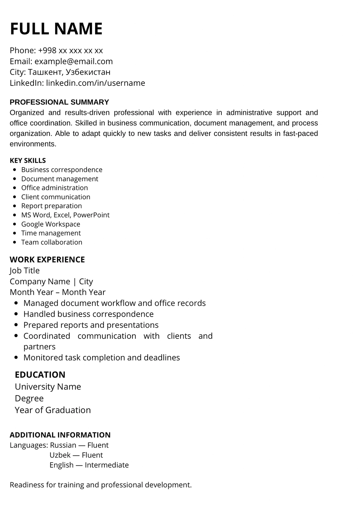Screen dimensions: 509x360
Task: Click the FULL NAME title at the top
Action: pos(56,29)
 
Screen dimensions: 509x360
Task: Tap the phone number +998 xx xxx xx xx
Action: pos(70,50)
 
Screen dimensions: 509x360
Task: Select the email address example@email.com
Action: pos(73,61)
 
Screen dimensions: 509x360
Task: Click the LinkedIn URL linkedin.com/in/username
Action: pos(95,83)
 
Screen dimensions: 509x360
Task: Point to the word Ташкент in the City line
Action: pos(45,72)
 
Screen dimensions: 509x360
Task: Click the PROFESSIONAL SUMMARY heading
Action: pos(59,102)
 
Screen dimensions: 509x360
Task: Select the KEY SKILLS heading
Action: pos(28,160)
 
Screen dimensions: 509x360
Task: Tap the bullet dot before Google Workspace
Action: pos(15,224)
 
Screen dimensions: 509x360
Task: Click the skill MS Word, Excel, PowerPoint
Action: pos(65,215)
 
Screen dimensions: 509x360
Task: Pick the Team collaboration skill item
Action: pos(52,242)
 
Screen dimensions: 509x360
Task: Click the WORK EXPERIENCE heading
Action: pos(47,259)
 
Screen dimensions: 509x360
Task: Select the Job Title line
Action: pos(25,270)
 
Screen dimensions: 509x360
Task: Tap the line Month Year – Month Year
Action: pos(58,292)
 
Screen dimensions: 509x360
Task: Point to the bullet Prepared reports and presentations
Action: pos(91,325)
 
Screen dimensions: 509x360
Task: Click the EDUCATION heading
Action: pos(40,375)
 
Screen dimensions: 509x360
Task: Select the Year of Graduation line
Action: pos(53,410)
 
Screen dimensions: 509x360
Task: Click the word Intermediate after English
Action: pos(106,465)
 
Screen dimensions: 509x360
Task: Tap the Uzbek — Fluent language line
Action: pos(76,455)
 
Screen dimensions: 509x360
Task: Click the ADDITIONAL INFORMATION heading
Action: pos(60,435)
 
